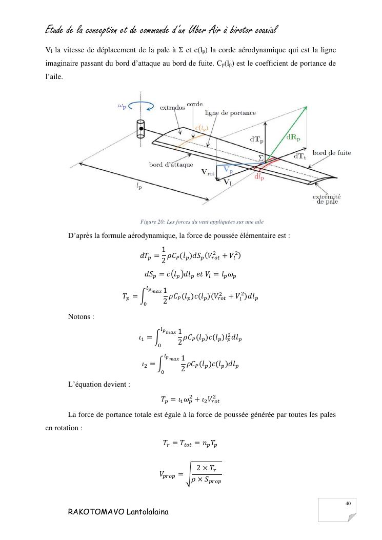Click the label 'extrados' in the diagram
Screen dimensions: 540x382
click(x=172, y=108)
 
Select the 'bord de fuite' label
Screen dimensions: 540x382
click(x=331, y=153)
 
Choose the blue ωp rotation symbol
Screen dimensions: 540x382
click(x=122, y=107)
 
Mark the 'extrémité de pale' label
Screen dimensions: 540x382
click(x=327, y=199)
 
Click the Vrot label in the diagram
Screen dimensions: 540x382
click(x=207, y=173)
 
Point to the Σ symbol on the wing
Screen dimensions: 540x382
click(x=261, y=158)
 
